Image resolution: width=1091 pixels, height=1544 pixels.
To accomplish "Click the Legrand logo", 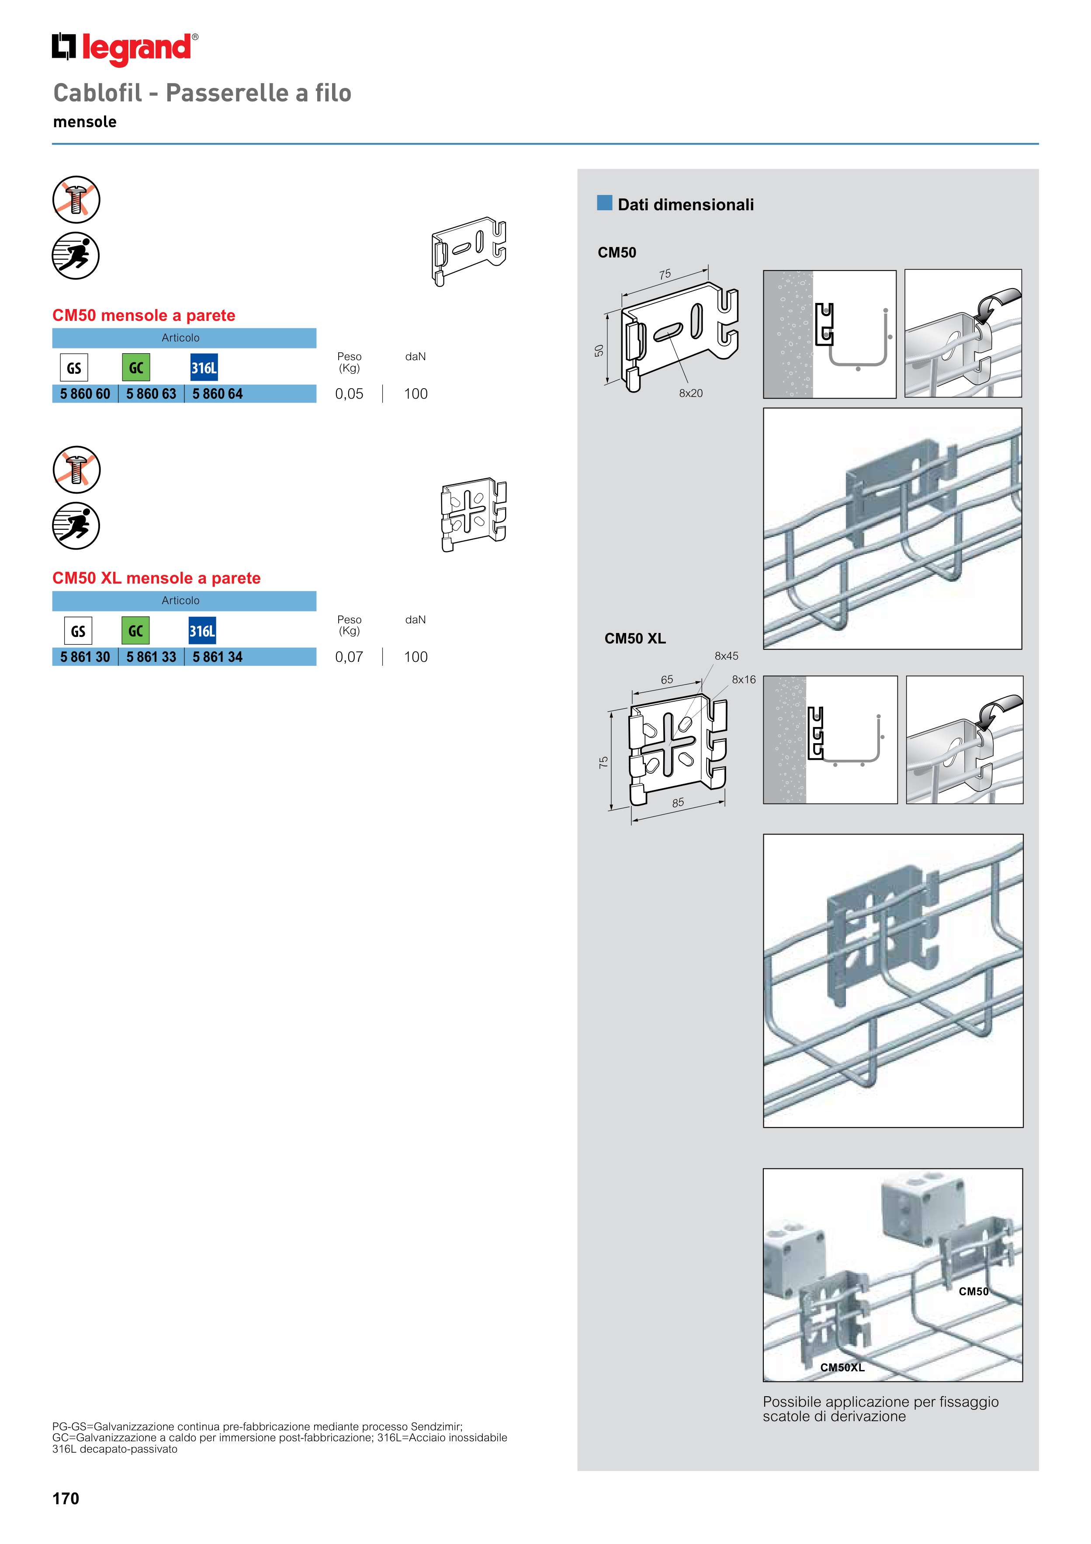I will pyautogui.click(x=125, y=49).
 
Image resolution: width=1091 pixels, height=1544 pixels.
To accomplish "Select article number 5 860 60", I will pyautogui.click(x=85, y=394).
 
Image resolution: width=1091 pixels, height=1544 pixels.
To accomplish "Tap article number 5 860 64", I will pyautogui.click(x=217, y=394).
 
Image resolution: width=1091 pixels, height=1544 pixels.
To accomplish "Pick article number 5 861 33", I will pyautogui.click(x=151, y=657).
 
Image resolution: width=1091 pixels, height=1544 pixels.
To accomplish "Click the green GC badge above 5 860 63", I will pyautogui.click(x=136, y=367).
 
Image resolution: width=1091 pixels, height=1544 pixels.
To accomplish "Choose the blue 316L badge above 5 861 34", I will pyautogui.click(x=202, y=631).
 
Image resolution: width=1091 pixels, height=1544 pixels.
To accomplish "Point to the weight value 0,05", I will pyautogui.click(x=349, y=394).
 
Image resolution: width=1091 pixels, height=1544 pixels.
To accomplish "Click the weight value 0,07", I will pyautogui.click(x=349, y=657).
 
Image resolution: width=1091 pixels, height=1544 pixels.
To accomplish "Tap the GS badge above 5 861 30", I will pyautogui.click(x=78, y=631).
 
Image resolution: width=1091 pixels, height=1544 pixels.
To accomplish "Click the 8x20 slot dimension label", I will pyautogui.click(x=690, y=393).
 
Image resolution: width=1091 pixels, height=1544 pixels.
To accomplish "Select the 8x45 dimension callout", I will pyautogui.click(x=726, y=656).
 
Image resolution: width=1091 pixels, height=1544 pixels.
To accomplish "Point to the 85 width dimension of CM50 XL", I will pyautogui.click(x=678, y=803).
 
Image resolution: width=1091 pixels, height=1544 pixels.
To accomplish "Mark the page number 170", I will pyautogui.click(x=66, y=1498).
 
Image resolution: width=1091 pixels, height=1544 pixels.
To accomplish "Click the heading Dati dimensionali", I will pyautogui.click(x=686, y=205).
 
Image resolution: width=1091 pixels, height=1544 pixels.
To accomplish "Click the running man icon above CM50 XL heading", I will pyautogui.click(x=76, y=525).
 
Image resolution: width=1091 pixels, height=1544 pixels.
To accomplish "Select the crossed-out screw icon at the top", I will pyautogui.click(x=76, y=200).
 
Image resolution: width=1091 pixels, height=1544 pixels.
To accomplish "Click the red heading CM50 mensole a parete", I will pyautogui.click(x=144, y=315).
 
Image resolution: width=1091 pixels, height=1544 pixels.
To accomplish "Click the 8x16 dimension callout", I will pyautogui.click(x=744, y=680).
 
